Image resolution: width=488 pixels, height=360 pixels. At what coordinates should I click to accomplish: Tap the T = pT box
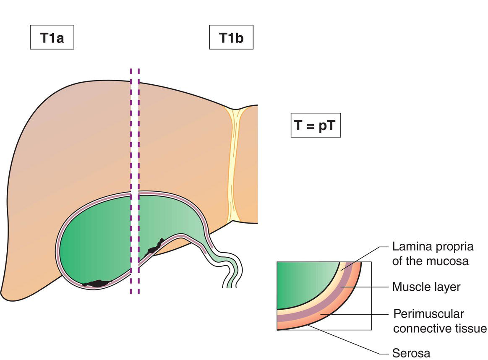[x=316, y=125]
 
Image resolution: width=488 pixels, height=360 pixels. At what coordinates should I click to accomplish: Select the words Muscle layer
[x=426, y=287]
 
